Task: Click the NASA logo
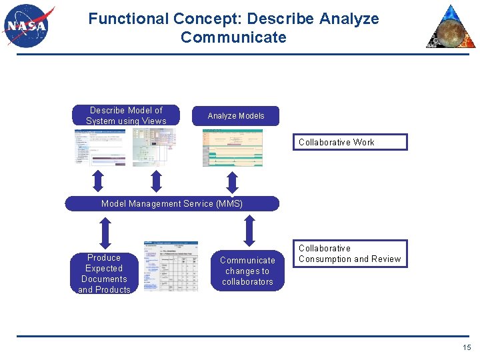point(27,26)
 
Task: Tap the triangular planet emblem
point(452,28)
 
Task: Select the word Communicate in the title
point(233,37)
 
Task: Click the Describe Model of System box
point(126,115)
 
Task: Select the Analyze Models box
point(236,116)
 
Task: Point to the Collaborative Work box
point(350,142)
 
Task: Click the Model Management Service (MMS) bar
point(172,203)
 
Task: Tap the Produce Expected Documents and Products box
point(104,273)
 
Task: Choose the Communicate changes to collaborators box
point(247,271)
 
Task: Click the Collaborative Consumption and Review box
point(350,254)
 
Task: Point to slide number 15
point(467,347)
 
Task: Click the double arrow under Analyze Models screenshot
point(233,181)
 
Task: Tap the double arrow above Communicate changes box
point(249,231)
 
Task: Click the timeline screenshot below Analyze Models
point(233,147)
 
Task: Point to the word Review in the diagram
point(387,259)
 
